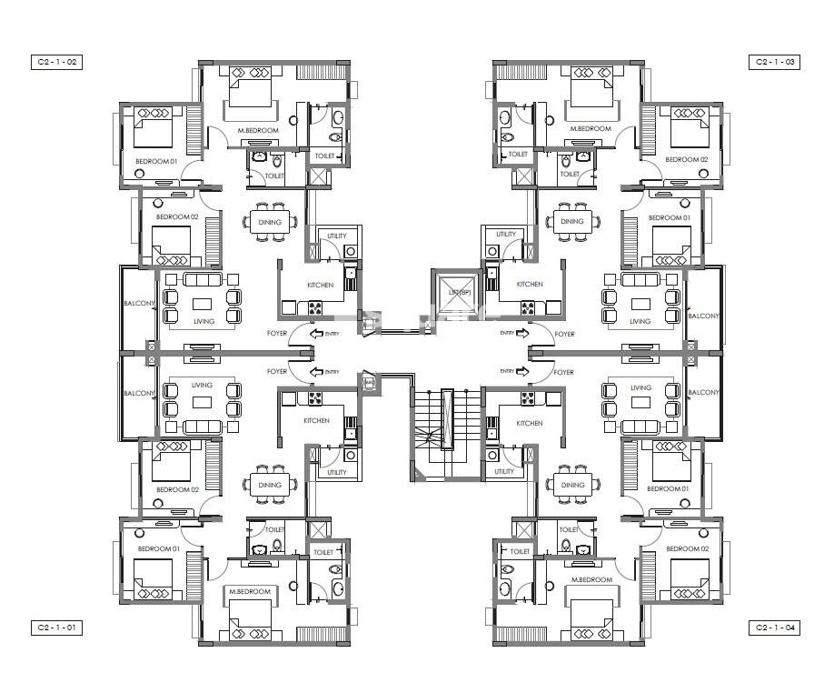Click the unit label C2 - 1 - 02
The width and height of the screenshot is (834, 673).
56,62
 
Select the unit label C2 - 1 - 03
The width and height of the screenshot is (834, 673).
775,62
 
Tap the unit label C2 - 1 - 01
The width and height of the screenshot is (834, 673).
56,628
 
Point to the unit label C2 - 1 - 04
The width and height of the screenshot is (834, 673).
775,628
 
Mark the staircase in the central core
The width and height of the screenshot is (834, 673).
446,427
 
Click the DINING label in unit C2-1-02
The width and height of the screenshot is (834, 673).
270,222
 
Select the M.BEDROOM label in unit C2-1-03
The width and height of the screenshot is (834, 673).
591,129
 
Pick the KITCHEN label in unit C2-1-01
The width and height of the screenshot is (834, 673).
316,420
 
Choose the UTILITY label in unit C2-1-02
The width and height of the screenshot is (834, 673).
337,236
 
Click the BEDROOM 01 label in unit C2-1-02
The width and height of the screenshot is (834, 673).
155,161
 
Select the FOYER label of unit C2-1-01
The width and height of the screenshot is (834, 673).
277,371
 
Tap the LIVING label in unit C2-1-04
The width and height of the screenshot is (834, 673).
640,387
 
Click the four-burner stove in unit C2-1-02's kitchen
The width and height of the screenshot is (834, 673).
316,306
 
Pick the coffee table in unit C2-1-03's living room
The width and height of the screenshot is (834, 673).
641,304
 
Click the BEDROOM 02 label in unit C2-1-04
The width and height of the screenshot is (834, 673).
687,549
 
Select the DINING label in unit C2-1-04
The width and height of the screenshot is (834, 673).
572,485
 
